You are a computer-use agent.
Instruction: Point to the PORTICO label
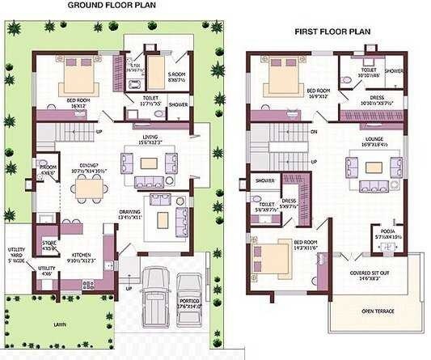tap(192, 302)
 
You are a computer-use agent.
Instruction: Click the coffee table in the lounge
tap(372, 167)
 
